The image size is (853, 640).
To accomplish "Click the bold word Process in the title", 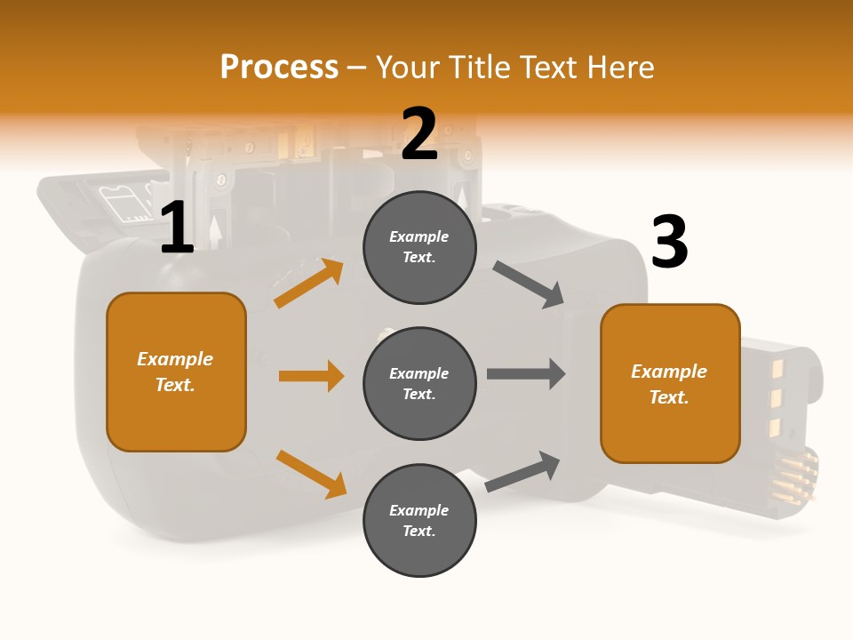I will [279, 67].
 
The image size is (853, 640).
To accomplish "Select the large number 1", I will [177, 228].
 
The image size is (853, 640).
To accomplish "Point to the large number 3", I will [669, 242].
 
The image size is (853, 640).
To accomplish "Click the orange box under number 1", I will [176, 372].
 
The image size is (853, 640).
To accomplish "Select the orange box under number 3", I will [670, 383].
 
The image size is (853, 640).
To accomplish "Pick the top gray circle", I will [419, 247].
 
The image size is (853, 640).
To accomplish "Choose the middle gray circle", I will [419, 383].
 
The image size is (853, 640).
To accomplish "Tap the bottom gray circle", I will [419, 520].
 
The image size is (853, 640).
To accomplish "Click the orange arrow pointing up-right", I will [309, 284].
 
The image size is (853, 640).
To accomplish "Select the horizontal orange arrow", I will [311, 376].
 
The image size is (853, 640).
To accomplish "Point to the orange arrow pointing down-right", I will [311, 474].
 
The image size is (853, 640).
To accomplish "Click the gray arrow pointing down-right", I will [529, 284].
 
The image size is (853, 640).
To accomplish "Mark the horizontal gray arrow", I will [526, 373].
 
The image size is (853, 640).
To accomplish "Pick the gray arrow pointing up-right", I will [523, 471].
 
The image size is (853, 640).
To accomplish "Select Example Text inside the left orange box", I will [175, 372].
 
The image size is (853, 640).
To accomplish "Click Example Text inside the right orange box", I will [669, 384].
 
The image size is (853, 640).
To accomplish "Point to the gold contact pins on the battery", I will [793, 476].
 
